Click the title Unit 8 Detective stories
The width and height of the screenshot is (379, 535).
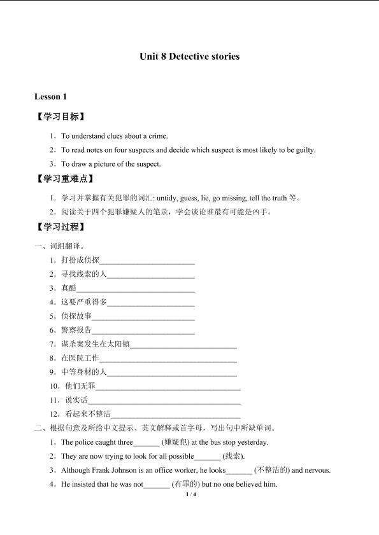[x=189, y=57]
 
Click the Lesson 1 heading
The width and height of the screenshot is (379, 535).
[x=50, y=97]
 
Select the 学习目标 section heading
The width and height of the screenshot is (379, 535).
[x=60, y=117]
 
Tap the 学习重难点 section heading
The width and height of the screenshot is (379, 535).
[x=64, y=179]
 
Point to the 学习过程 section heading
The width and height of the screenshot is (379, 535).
[x=60, y=227]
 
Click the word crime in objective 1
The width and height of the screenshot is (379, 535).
[x=159, y=135]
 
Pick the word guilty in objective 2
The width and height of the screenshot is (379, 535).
[x=303, y=150]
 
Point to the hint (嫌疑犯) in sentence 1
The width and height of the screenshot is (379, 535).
[x=175, y=442]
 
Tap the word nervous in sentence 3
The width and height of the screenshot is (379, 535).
[x=317, y=471]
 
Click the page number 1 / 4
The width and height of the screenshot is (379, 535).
[x=189, y=494]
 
